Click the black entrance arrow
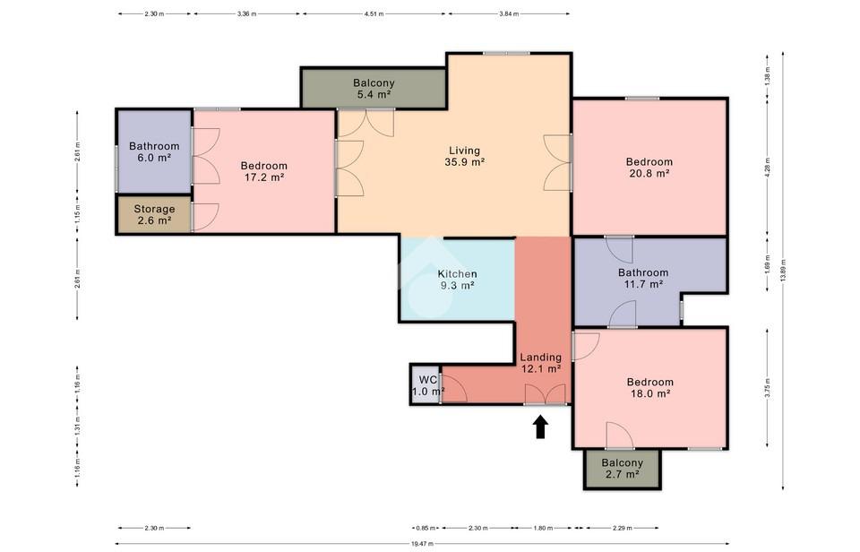pos(541,427)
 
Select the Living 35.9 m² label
pos(465,156)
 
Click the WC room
pos(426,385)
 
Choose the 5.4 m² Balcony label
pos(374,89)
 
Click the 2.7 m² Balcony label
pos(622,468)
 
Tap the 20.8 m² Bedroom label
pos(649,168)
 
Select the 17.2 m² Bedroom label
pos(263,171)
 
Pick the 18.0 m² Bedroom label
pos(650,387)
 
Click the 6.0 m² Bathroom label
pos(154,151)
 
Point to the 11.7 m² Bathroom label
pos(643,278)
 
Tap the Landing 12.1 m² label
pos(541,363)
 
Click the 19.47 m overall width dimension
pos(422,544)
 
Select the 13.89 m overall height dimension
pos(783,271)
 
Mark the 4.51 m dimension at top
pos(374,14)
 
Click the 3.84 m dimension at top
pos(509,14)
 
